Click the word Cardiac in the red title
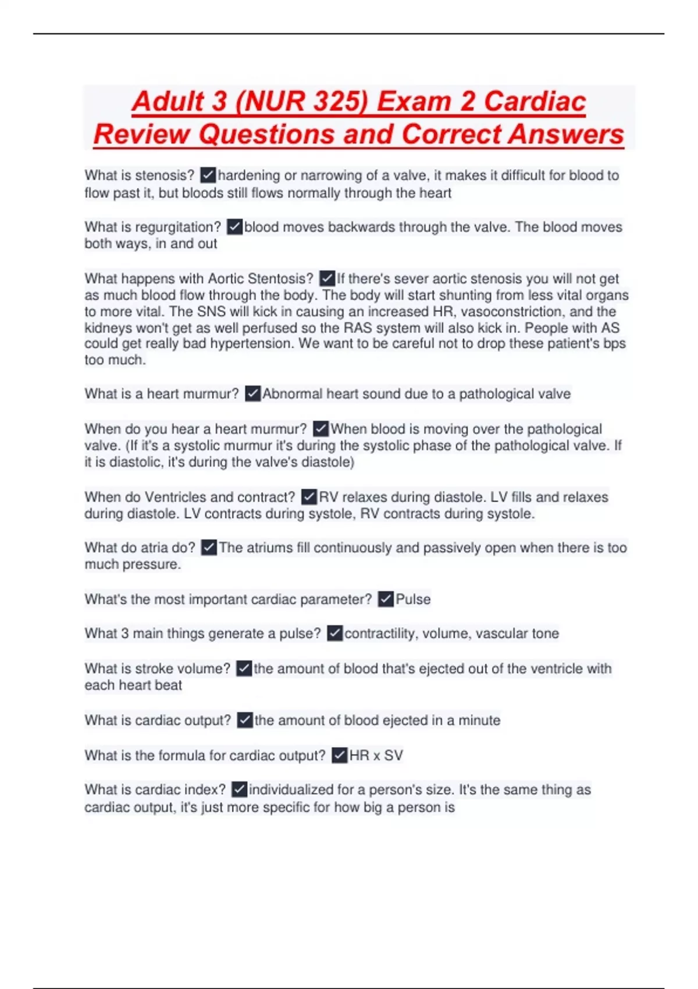(x=535, y=101)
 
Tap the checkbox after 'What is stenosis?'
(x=208, y=175)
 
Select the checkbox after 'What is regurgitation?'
(x=234, y=227)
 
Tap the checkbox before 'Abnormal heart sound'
(x=252, y=394)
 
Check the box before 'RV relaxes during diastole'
(x=309, y=497)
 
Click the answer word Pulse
(x=413, y=599)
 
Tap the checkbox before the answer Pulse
(x=386, y=599)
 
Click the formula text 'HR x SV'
(x=376, y=756)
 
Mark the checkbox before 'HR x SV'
(x=339, y=756)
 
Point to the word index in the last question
(x=204, y=790)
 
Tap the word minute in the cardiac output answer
(x=479, y=721)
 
